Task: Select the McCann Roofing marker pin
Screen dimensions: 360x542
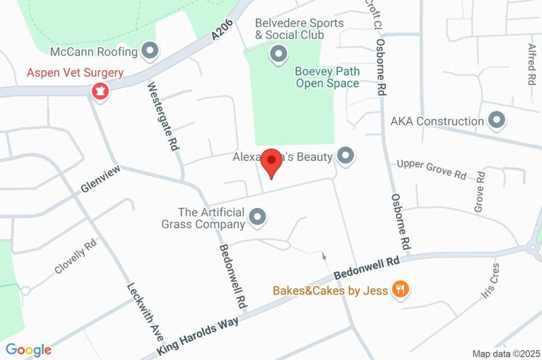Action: point(151,51)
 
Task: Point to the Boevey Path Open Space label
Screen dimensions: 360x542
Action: point(327,77)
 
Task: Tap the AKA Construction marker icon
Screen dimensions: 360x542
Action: point(496,121)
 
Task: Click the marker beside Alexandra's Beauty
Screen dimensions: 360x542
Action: point(346,156)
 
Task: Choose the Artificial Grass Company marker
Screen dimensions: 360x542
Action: point(258,217)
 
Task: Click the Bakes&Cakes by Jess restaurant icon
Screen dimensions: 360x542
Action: point(400,290)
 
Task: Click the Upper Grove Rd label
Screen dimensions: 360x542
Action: point(432,169)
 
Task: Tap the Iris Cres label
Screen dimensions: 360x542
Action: point(491,281)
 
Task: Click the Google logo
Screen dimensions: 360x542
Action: point(28,349)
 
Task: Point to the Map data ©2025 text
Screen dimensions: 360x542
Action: point(506,353)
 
